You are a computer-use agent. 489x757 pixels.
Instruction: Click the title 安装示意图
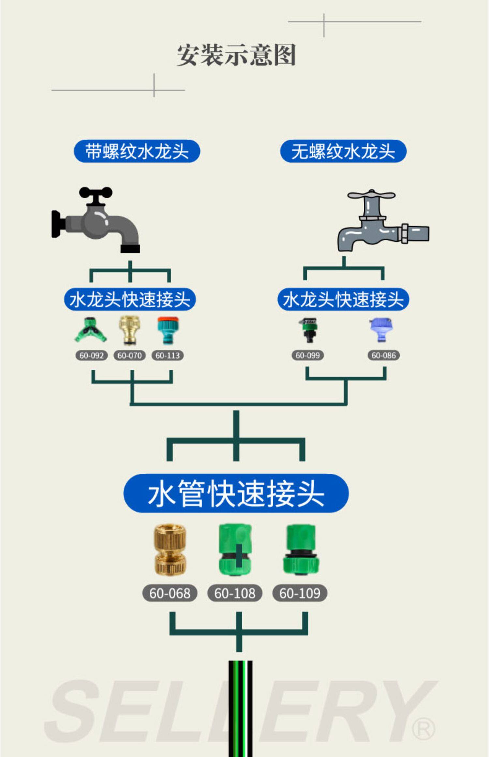coord(236,55)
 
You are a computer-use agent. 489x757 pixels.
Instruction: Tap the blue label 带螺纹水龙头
coord(137,151)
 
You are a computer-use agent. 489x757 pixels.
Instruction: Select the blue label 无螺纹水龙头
coord(343,151)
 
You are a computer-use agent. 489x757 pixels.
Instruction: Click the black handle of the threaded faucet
coord(96,193)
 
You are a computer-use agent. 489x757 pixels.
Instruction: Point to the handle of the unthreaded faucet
coord(371,196)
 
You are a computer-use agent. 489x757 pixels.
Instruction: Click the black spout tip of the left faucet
coord(130,249)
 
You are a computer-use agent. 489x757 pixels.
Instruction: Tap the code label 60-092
coord(91,355)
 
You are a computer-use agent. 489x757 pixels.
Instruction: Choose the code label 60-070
coord(129,355)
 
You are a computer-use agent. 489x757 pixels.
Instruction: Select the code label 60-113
coord(168,355)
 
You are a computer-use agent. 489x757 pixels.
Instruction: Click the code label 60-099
coord(308,355)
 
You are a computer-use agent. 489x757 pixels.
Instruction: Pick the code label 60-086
coord(384,355)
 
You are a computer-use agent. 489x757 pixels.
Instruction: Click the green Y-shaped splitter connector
coord(90,330)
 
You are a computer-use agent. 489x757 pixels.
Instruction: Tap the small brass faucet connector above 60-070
coord(129,330)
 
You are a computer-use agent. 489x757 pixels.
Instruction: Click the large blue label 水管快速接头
coord(236,493)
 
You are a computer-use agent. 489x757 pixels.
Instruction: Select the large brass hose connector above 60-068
coord(170,550)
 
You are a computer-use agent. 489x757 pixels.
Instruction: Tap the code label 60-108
coord(235,593)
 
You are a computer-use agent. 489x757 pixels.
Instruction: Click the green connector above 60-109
coord(301,550)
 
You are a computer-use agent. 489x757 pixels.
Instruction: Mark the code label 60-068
coord(170,593)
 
